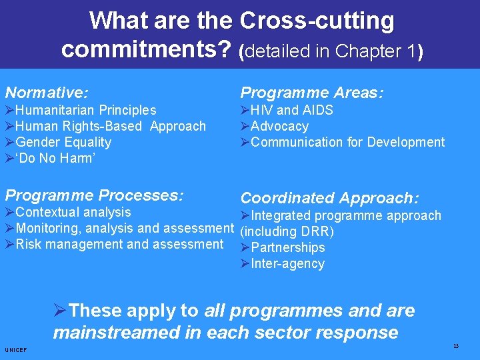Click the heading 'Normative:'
(47, 92)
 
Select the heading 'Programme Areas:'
(311, 93)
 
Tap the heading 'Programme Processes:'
(94, 195)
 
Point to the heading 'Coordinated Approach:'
(329, 198)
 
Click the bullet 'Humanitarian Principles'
(85, 110)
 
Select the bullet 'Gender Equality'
(63, 142)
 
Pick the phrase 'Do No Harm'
(55, 158)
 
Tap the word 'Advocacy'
(279, 126)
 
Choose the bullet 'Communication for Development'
(347, 142)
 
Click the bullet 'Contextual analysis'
(73, 212)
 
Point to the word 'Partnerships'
(287, 247)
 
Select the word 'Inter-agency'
(287, 263)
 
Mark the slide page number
(455, 345)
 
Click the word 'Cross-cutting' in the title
(317, 21)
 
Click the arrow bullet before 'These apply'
(60, 311)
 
